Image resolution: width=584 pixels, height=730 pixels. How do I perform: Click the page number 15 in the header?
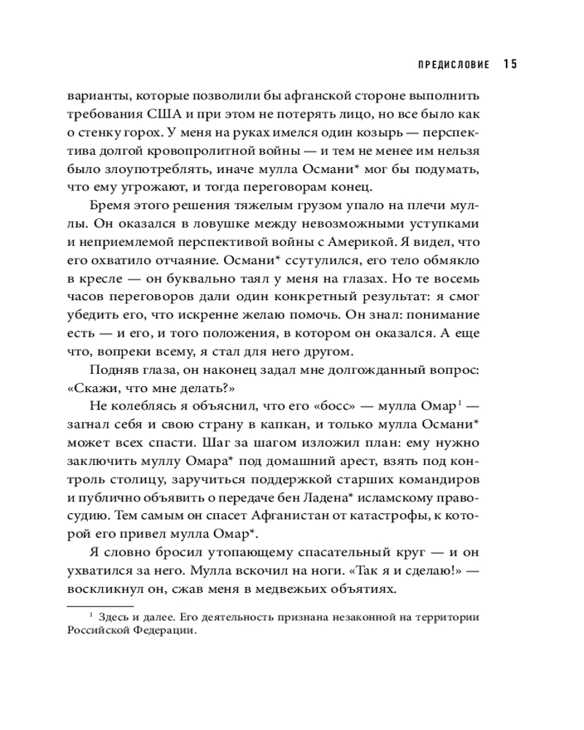(510, 64)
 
